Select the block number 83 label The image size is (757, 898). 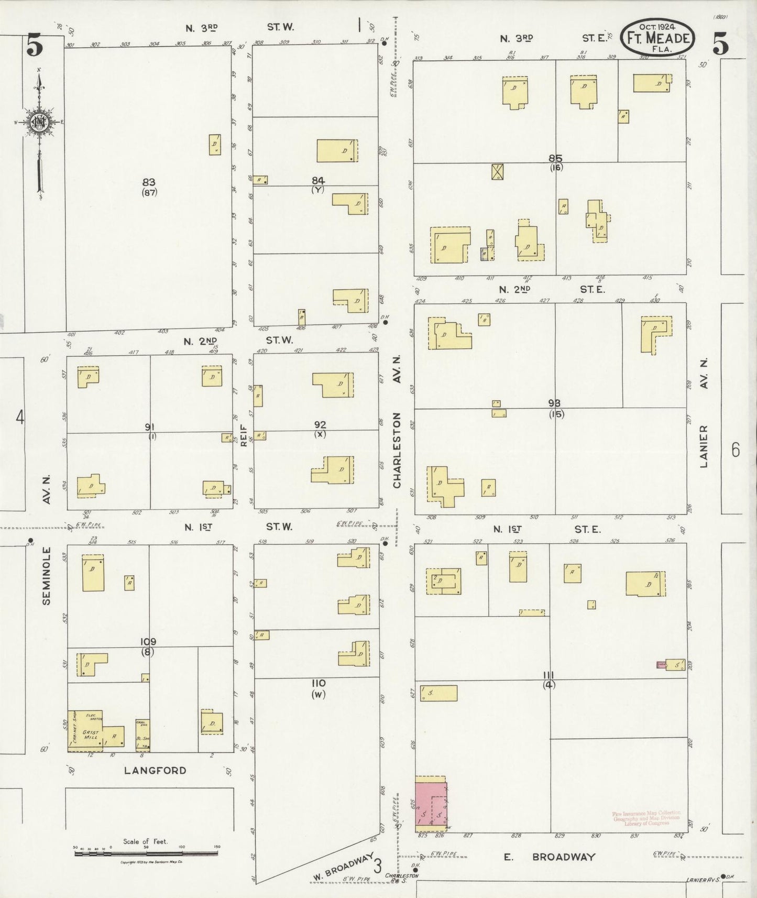(149, 182)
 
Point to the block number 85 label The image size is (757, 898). (555, 158)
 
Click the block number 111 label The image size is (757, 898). (549, 675)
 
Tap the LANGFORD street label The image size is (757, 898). (155, 770)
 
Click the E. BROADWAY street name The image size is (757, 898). (549, 857)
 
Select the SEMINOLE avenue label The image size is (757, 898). (47, 576)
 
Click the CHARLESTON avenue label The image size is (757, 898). (397, 451)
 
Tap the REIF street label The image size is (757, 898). (243, 436)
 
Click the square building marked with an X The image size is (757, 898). (497, 171)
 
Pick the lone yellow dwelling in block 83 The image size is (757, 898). (215, 145)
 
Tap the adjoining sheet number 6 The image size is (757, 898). (736, 450)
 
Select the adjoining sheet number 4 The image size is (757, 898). (20, 418)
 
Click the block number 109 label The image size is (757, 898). (148, 642)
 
